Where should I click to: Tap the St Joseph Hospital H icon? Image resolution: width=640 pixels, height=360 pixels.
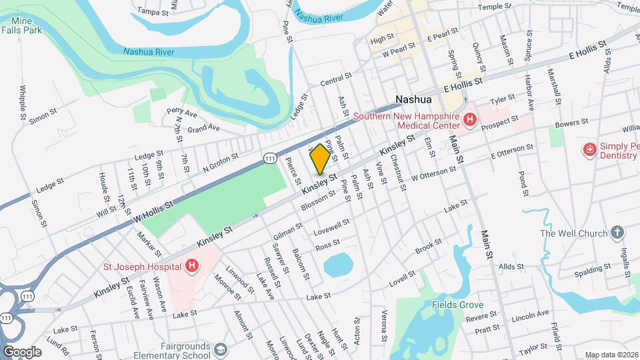pyautogui.click(x=192, y=267)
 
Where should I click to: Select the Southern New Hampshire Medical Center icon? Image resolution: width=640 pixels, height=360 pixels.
pyautogui.click(x=470, y=120)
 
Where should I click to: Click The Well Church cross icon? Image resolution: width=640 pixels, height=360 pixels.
pyautogui.click(x=618, y=233)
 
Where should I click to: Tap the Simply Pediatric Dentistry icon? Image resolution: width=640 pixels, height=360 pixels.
pyautogui.click(x=589, y=149)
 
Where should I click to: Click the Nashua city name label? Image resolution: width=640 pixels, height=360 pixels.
pyautogui.click(x=413, y=99)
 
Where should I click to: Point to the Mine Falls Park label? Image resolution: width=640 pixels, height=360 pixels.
pyautogui.click(x=21, y=25)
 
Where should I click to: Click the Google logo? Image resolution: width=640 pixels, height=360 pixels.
pyautogui.click(x=22, y=352)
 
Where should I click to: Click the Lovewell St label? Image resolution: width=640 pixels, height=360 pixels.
pyautogui.click(x=331, y=227)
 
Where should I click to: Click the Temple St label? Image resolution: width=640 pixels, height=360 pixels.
pyautogui.click(x=494, y=7)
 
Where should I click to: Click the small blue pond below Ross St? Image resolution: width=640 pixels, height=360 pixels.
pyautogui.click(x=339, y=265)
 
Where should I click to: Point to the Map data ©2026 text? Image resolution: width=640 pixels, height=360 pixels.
pyautogui.click(x=611, y=355)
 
